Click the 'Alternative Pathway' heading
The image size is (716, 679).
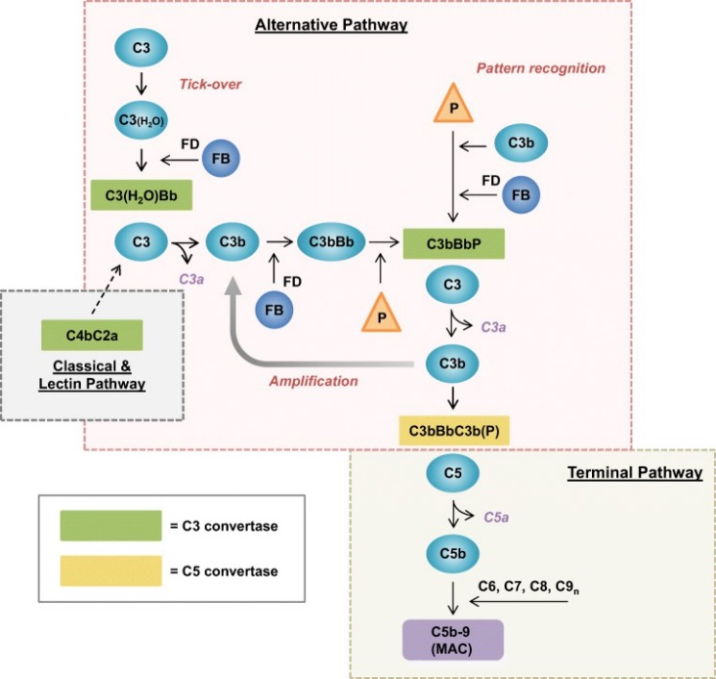pyautogui.click(x=331, y=25)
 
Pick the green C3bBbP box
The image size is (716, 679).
pyautogui.click(x=454, y=243)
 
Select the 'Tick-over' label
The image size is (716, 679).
pyautogui.click(x=206, y=83)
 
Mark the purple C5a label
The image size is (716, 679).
pyautogui.click(x=495, y=516)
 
